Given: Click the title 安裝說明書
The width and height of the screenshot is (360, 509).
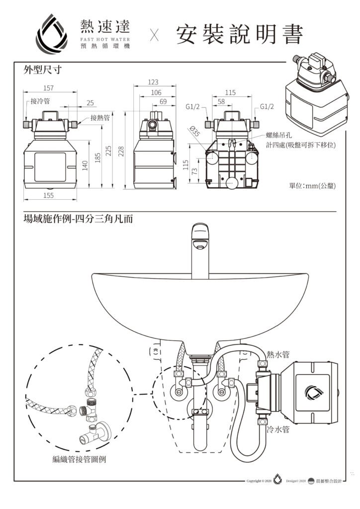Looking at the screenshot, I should click(239, 35).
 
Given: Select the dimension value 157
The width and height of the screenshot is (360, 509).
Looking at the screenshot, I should click(49, 88).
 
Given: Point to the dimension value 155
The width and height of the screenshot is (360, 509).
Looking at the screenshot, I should click(48, 195).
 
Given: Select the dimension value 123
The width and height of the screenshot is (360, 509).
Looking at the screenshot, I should click(153, 82).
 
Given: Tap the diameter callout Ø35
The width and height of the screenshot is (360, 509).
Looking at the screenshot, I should click(194, 131).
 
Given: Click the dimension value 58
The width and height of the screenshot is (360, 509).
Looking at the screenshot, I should click(221, 101).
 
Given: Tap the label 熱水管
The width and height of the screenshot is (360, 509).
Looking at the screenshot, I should click(278, 354).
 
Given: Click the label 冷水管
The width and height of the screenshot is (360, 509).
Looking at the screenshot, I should click(278, 429).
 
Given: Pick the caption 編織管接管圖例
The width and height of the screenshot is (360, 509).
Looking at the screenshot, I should click(79, 460).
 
